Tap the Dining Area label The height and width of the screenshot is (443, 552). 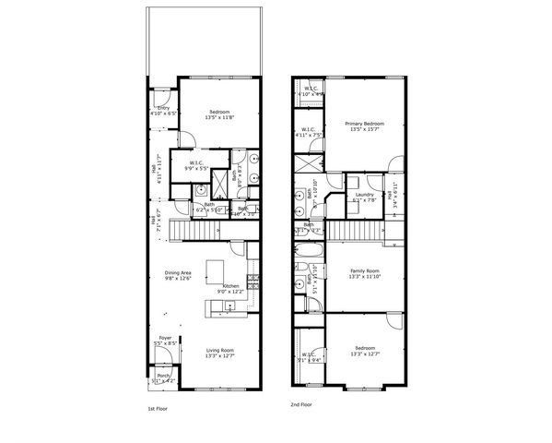click(178, 274)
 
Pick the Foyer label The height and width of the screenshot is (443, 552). click(165, 340)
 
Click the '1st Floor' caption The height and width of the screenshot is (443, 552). click(158, 407)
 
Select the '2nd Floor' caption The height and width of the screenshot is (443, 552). click(300, 404)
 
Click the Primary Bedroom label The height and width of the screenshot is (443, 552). click(364, 126)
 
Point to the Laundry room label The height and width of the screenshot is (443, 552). click(364, 197)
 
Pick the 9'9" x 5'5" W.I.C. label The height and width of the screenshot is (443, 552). click(196, 165)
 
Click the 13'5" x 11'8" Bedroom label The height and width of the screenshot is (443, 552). click(219, 114)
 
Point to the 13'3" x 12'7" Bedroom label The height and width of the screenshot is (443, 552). click(365, 351)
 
